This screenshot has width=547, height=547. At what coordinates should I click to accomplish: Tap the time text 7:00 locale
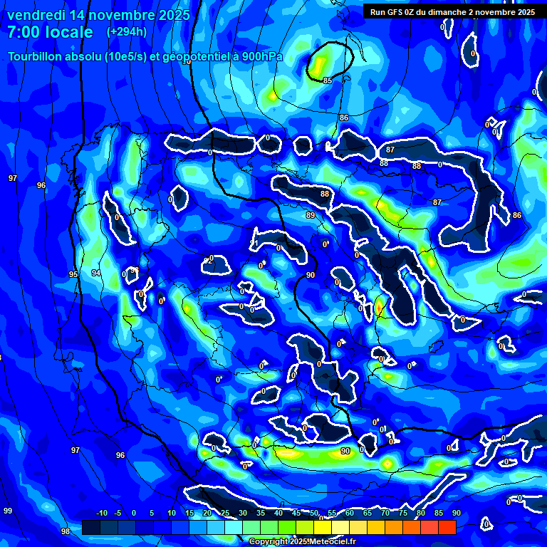coord(50,32)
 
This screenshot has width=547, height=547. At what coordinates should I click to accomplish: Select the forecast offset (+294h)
coord(127,31)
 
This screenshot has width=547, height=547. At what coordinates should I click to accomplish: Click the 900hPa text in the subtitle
coord(260,56)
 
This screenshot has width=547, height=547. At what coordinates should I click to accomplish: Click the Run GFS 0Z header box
coord(452,11)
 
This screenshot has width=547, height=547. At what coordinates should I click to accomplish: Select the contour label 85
coord(328,80)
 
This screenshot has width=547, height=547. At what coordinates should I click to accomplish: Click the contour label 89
coord(310,215)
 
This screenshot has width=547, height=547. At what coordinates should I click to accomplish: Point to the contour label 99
coord(8,511)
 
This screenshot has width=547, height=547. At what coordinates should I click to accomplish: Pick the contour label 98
coord(66,531)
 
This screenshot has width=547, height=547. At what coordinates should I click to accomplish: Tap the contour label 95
coord(73,274)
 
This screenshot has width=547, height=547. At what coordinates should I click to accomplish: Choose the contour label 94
coord(96,273)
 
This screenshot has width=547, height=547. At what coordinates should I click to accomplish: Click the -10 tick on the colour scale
coord(101,514)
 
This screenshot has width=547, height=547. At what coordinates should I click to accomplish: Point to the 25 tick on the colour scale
coord(225,514)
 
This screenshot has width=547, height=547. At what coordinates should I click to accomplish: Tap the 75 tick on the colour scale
coord(403,514)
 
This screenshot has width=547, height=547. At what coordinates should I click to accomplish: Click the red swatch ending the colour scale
coord(447,527)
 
